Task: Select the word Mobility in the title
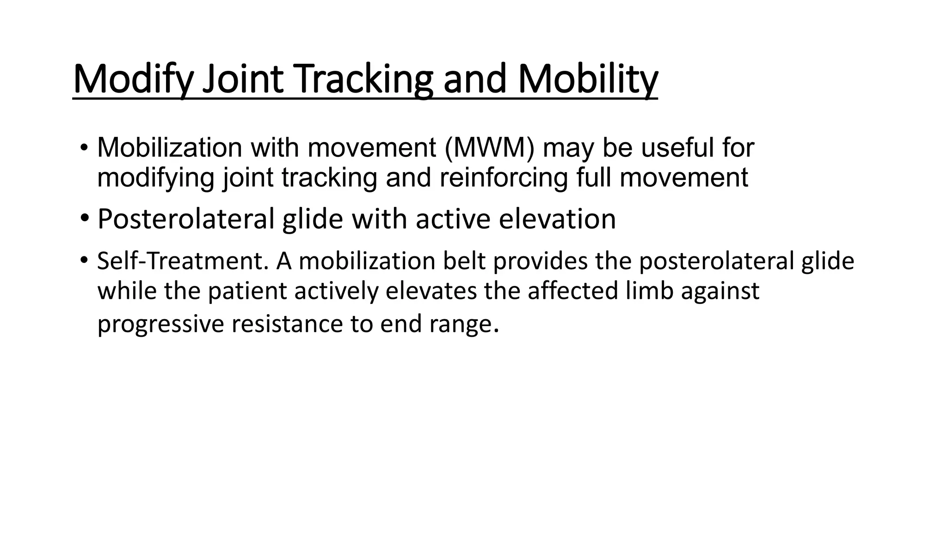[587, 80]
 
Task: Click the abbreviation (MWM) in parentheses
[489, 148]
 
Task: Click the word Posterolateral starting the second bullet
[186, 219]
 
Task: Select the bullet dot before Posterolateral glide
[84, 217]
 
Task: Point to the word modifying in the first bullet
[155, 178]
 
